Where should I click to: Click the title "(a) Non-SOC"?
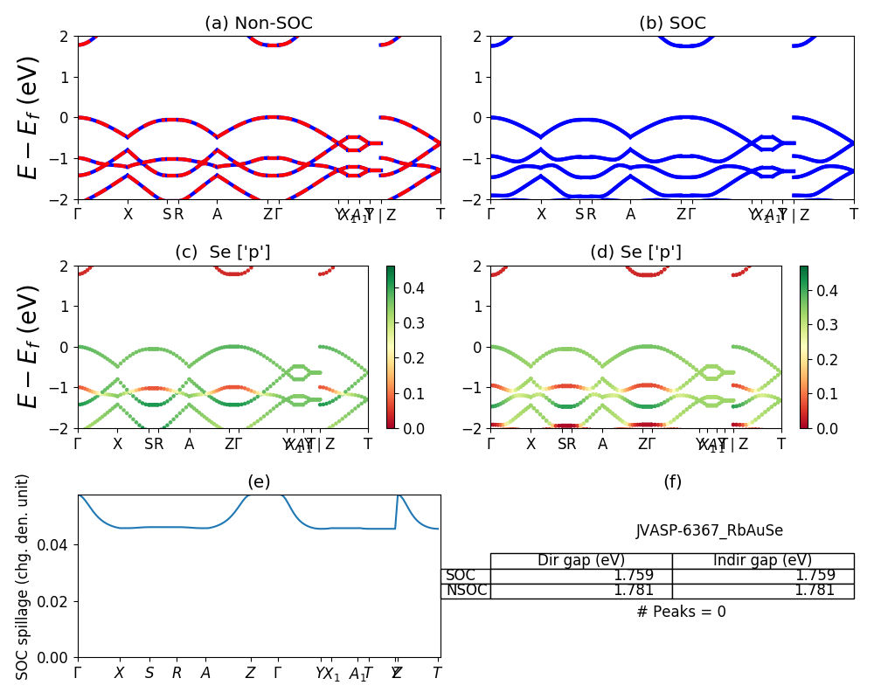(259, 24)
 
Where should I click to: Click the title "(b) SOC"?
(672, 24)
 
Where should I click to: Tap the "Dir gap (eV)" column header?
(581, 560)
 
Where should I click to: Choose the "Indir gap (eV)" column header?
(762, 560)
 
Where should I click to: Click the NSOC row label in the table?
(466, 590)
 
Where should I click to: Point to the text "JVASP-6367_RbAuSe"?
(709, 530)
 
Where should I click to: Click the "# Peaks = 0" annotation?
(681, 612)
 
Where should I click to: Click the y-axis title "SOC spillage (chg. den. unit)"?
(24, 577)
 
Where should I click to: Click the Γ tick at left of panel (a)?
(78, 213)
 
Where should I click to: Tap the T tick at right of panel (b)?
(854, 213)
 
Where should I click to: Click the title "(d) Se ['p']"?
(635, 253)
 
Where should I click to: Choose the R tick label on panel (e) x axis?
(177, 673)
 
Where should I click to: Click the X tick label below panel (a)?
(128, 213)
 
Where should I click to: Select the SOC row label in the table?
(461, 575)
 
